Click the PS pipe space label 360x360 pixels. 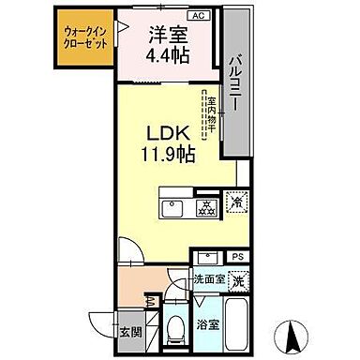tap(238, 256)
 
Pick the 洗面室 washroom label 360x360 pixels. tap(207, 279)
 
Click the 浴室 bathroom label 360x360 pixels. tap(208, 325)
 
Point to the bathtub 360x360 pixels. tap(238, 323)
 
